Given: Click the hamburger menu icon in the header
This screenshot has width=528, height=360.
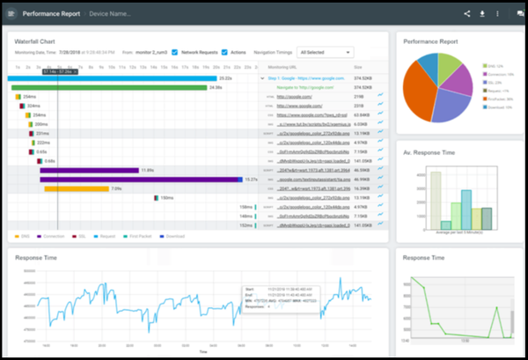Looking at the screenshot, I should coord(11,14).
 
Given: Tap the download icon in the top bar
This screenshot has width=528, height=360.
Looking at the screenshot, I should coord(481,14).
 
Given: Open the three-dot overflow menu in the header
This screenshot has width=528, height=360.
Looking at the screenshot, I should coord(497,14).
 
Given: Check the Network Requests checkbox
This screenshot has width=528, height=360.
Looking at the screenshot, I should coord(174,52).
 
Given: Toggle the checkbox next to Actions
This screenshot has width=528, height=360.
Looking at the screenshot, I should coord(224,52).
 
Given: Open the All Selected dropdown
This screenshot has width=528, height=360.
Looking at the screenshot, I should coord(325,52).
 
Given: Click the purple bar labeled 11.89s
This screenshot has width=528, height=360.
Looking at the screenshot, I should coord(88,170).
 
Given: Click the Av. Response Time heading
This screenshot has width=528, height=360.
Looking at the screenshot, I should coord(429,152).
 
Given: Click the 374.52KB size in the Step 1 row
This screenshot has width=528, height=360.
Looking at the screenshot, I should coord(363,77).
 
